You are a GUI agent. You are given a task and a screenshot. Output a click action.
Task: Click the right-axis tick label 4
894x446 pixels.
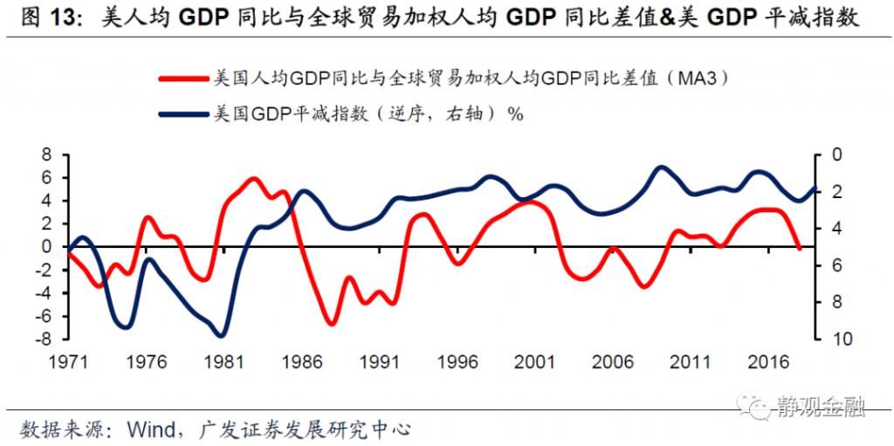pos(833,229)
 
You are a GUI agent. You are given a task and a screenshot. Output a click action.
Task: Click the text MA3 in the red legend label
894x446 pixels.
pos(691,79)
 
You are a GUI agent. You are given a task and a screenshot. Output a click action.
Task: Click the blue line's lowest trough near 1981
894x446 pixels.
pos(220,335)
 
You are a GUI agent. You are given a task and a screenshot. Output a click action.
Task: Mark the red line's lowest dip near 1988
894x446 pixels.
pos(333,324)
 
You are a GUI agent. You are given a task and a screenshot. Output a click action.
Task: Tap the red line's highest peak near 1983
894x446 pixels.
pos(253,179)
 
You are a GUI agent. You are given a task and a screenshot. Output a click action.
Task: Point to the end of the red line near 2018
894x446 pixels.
pos(799,249)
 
